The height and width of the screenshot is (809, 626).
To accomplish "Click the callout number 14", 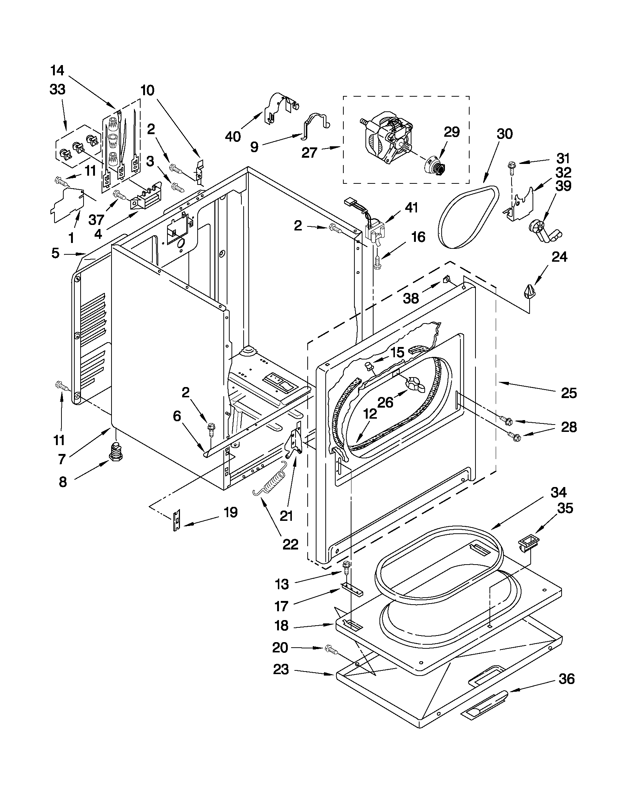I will coord(57,70).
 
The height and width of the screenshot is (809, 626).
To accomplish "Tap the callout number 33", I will coord(57,90).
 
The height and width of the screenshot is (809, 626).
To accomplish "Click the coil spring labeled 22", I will coord(270,481).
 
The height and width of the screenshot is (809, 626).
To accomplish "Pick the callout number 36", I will coord(566,679).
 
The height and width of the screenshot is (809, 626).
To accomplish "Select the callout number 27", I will coord(309,152).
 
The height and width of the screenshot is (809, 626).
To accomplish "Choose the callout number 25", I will coord(569,393).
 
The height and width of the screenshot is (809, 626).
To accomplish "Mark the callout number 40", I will coord(233,137).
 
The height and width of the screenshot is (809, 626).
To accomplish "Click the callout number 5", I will coord(55,253).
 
